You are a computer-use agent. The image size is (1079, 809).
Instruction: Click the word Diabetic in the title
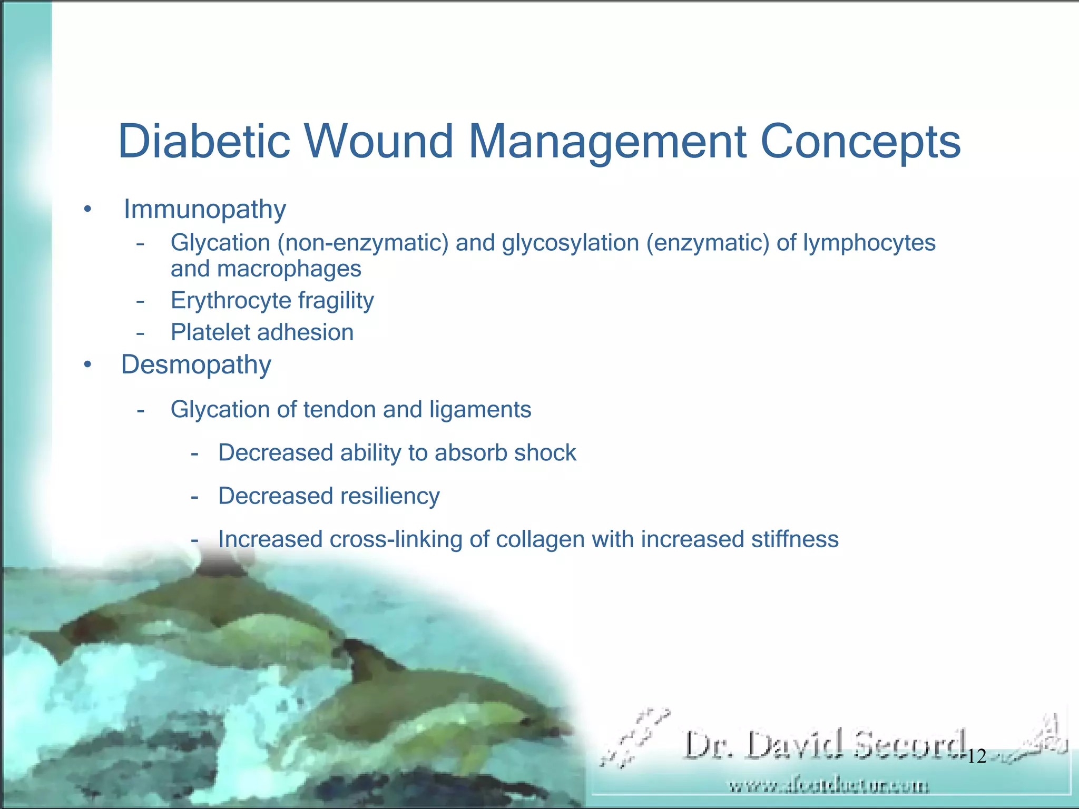(204, 141)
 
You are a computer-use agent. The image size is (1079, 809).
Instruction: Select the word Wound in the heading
(378, 141)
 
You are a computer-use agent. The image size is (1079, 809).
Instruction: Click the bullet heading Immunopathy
(204, 210)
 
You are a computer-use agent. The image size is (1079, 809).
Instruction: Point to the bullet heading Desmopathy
(196, 364)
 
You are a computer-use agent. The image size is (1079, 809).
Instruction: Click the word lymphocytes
(869, 243)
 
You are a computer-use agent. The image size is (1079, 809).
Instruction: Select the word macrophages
(289, 269)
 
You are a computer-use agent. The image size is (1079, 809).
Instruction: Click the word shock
(545, 453)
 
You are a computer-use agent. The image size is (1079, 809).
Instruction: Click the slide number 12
(977, 756)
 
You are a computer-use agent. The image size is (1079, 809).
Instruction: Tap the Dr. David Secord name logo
(825, 745)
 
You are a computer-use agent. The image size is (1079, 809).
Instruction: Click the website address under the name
(828, 786)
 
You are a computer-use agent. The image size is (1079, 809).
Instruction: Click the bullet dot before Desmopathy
(87, 365)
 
